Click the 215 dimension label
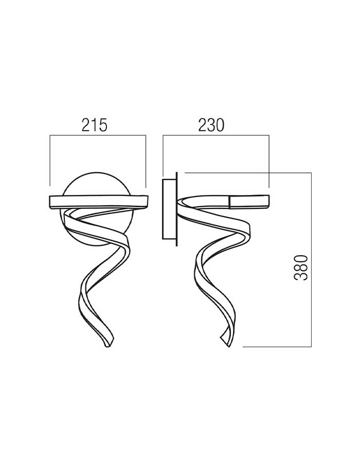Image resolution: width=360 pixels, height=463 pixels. click(x=95, y=125)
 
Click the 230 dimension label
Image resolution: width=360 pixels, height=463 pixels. click(x=211, y=125)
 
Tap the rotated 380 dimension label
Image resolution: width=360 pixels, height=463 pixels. click(x=301, y=268)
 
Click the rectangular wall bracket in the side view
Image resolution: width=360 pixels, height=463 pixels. click(x=169, y=208)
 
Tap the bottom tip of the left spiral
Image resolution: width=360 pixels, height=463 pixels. click(x=108, y=346)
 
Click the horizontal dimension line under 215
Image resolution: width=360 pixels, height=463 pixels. click(x=98, y=135)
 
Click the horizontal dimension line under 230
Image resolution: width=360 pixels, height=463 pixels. click(x=216, y=135)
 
